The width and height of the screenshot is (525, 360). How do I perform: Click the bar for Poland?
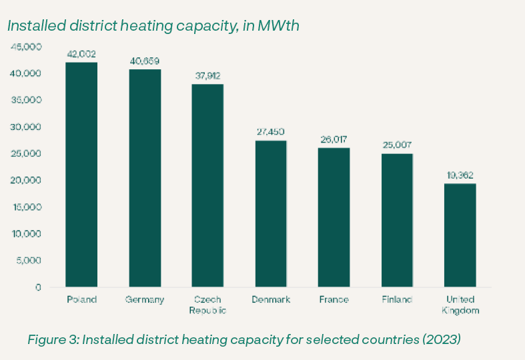pos(81,175)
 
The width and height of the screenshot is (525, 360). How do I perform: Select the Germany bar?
pos(145,178)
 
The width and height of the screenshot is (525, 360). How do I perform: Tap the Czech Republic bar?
pos(207,185)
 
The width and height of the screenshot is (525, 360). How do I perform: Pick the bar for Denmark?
pos(271,213)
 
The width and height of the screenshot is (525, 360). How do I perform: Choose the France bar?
pos(334,217)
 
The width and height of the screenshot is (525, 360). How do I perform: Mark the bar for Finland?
pos(397,220)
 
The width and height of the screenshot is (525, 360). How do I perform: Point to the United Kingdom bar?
pos(460,235)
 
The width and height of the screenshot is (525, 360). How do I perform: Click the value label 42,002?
pos(81,53)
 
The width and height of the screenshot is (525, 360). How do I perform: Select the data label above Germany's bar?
pos(145,61)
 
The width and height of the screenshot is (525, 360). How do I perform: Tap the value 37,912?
pos(207,75)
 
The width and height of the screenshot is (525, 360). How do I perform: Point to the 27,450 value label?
pos(271,132)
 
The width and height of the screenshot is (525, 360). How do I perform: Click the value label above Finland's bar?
pos(397,145)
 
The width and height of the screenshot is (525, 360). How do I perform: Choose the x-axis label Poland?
pos(81,299)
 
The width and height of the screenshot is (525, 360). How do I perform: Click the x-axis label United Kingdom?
pos(460,305)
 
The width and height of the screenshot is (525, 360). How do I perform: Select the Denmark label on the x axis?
pos(271,299)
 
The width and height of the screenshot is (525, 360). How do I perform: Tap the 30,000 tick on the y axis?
pos(27,127)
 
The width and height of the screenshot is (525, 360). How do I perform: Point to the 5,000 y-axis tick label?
pos(30,261)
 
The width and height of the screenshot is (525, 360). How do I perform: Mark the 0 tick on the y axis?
pos(38,287)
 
